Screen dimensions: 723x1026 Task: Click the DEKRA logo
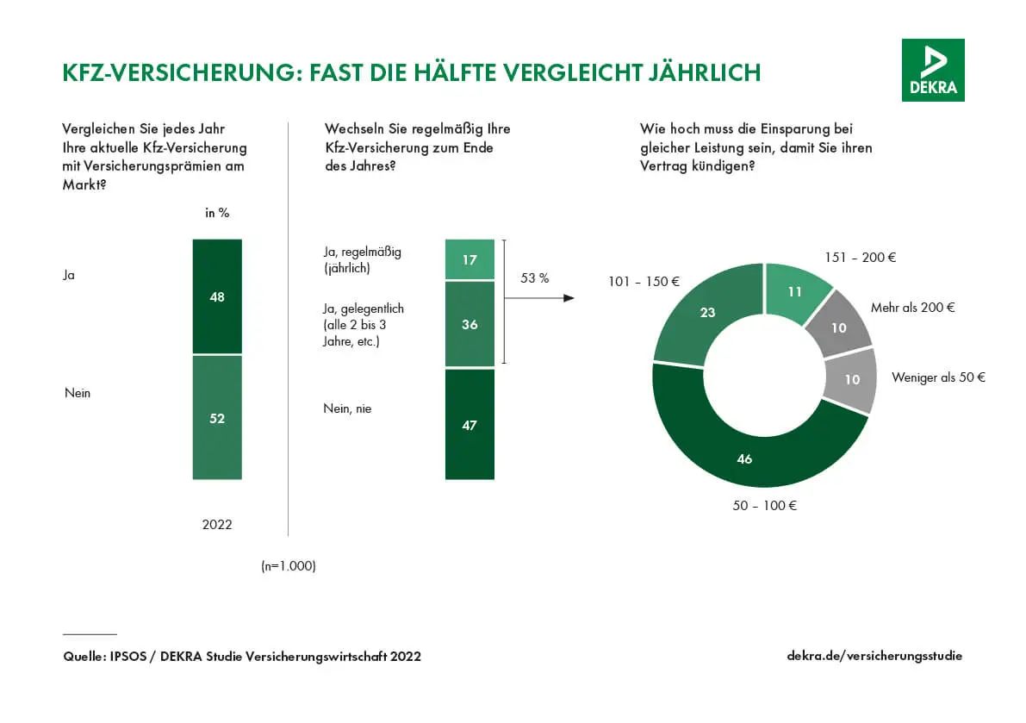[x=933, y=70]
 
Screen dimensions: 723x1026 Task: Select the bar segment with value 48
[x=217, y=296]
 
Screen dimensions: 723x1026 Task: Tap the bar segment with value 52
[x=217, y=418]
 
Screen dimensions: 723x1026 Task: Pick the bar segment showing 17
[x=469, y=259]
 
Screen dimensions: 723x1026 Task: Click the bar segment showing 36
[x=469, y=324]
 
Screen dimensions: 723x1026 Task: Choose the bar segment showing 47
[x=469, y=424]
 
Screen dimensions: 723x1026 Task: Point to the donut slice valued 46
[x=744, y=458]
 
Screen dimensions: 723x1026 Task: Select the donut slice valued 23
[x=708, y=313]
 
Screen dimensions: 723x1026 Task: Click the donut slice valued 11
[x=796, y=292]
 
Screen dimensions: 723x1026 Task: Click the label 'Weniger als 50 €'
[x=938, y=377]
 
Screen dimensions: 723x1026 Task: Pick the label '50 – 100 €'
[x=765, y=506]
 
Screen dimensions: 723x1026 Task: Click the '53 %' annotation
[x=535, y=278]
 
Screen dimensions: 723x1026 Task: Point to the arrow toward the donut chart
[x=539, y=298]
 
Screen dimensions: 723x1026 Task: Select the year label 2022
[x=217, y=524]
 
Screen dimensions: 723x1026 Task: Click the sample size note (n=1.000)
[x=289, y=566]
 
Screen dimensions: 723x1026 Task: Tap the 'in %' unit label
[x=217, y=213]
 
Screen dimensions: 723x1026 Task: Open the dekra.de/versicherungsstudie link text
[x=874, y=656]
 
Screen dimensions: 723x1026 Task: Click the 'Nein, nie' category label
[x=347, y=408]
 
